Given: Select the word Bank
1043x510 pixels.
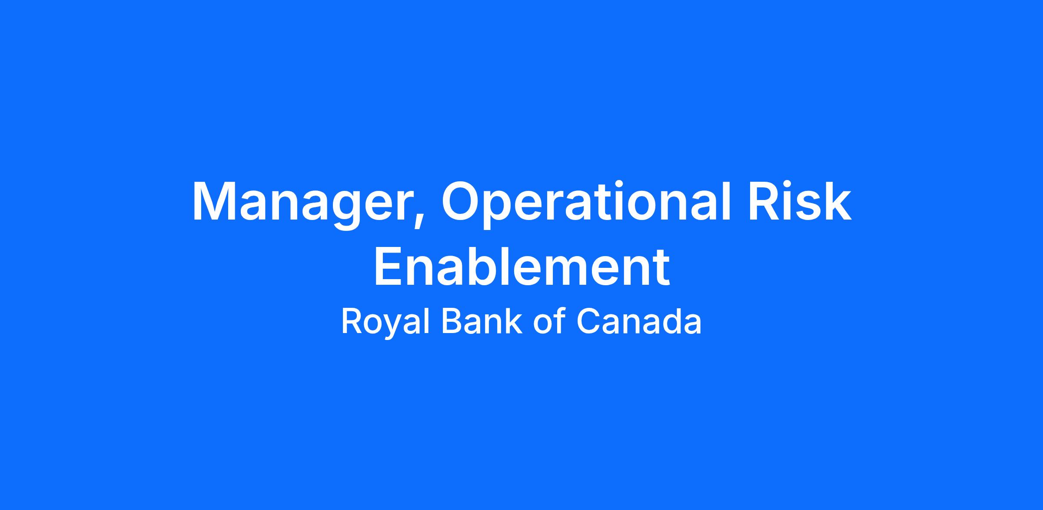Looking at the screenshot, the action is (482, 321).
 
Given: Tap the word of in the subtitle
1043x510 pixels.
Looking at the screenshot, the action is (548, 321).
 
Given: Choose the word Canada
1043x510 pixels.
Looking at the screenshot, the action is (639, 321).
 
